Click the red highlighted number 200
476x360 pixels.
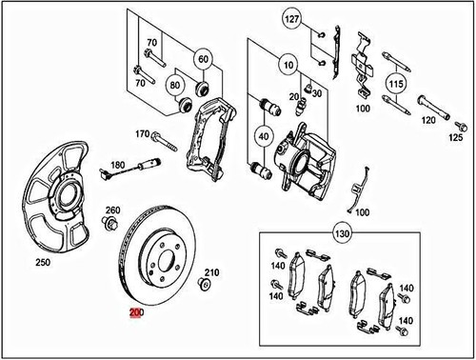pyautogui.click(x=136, y=311)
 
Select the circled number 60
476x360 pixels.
pyautogui.click(x=203, y=59)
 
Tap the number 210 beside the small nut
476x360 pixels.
pyautogui.click(x=212, y=271)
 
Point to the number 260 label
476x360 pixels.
pyautogui.click(x=113, y=210)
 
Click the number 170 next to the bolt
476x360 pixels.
pyautogui.click(x=143, y=134)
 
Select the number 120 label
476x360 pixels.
pyautogui.click(x=429, y=121)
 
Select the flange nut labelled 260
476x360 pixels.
pyautogui.click(x=109, y=225)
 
